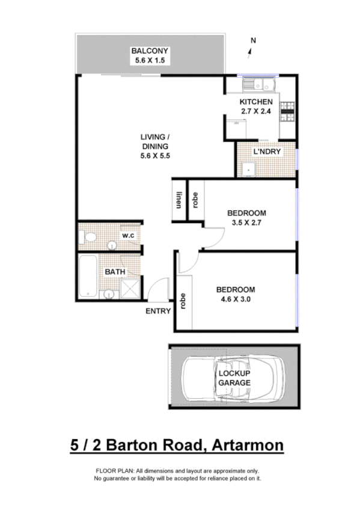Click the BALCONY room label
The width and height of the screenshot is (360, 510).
tap(150, 51)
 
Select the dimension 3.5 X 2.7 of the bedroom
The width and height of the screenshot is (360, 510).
tap(246, 223)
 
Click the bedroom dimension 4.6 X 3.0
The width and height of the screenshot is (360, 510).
tap(236, 299)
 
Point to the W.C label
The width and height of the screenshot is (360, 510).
tap(128, 235)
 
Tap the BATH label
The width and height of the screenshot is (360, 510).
tap(115, 272)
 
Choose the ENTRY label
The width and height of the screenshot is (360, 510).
tap(158, 311)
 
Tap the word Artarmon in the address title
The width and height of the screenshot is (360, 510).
tap(246, 446)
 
